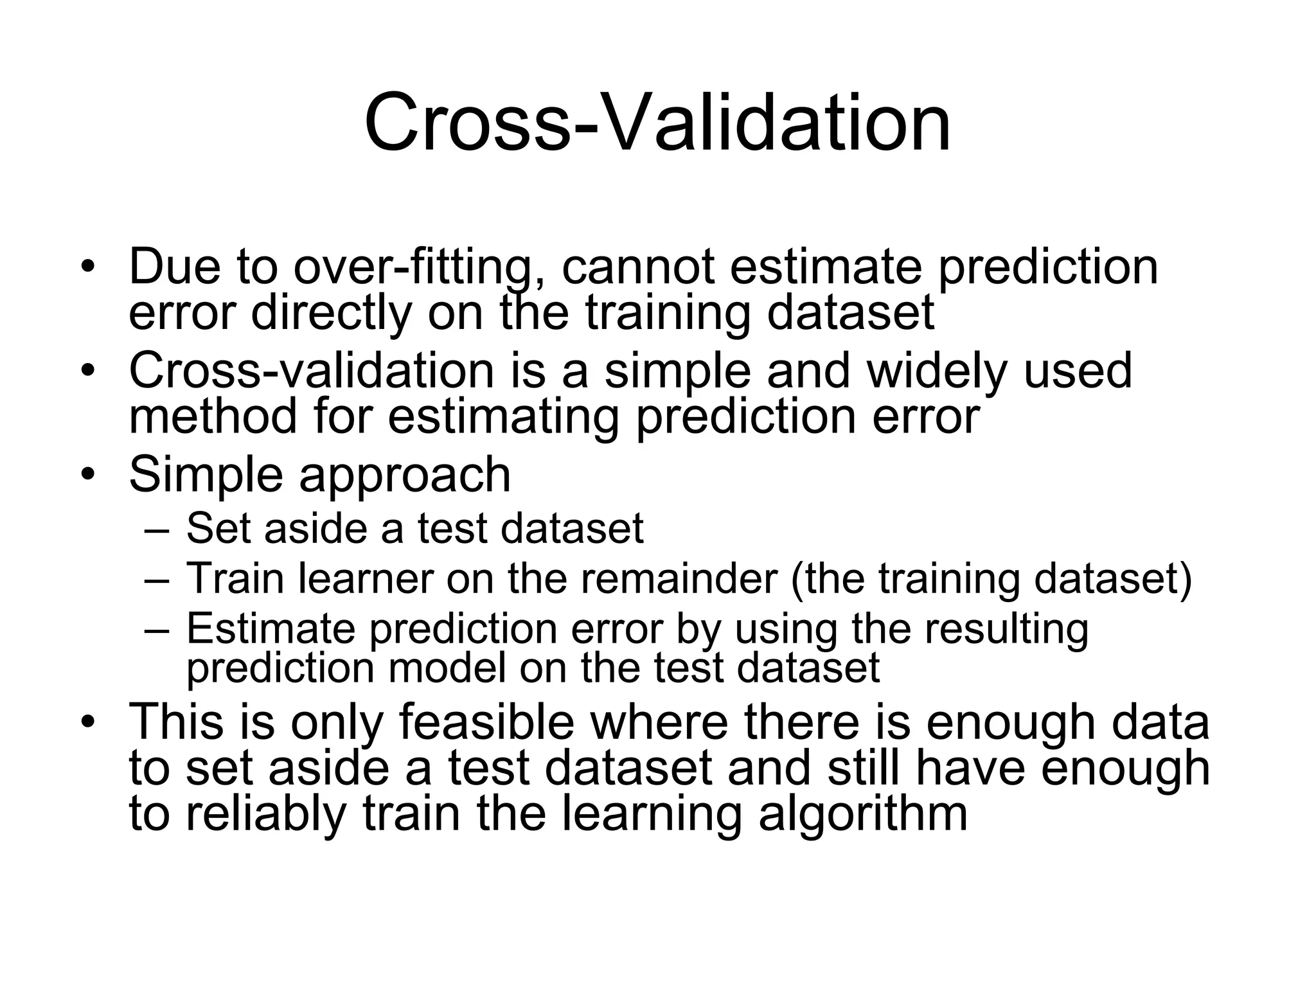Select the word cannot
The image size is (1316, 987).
[638, 267]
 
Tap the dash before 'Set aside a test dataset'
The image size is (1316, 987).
[157, 530]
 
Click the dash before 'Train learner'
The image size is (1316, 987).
[157, 580]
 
